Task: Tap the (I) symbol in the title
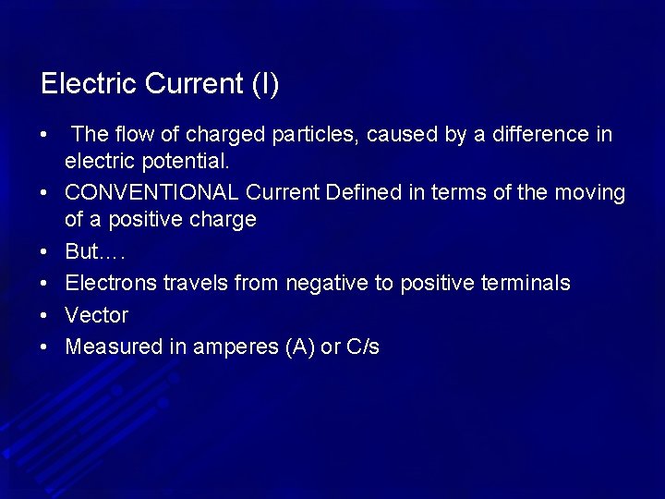[265, 84]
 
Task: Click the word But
[81, 252]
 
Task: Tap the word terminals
[526, 283]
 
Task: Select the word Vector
[97, 315]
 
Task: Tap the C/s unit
[363, 347]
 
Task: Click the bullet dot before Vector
[44, 316]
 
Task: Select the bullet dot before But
[44, 253]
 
